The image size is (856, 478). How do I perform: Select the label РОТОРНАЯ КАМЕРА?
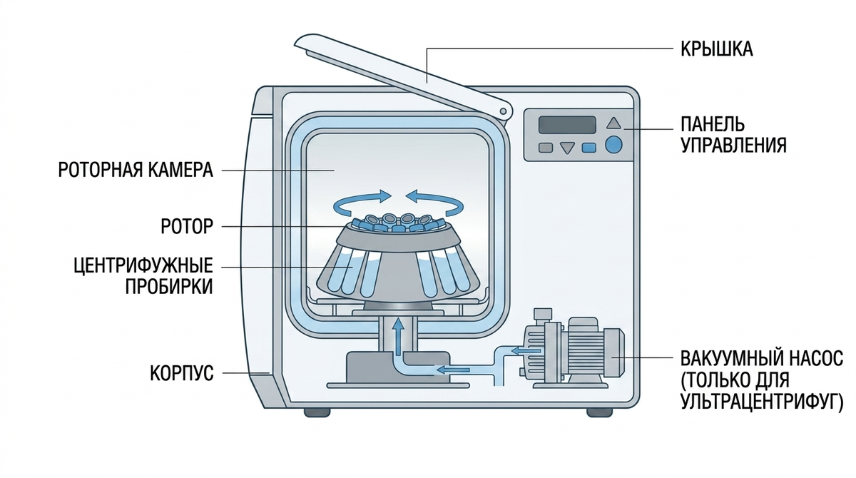[x=136, y=170]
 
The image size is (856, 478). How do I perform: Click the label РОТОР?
[x=187, y=226]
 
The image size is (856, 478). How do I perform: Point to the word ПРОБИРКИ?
[x=169, y=286]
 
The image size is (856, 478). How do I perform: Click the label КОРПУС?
[x=181, y=373]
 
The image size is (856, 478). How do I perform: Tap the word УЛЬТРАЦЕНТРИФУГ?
[x=762, y=402]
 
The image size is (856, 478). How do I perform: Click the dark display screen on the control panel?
[x=567, y=125]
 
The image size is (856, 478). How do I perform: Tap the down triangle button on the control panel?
[x=567, y=148]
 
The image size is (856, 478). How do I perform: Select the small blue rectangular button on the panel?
[x=588, y=148]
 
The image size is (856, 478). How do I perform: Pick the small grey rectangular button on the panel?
[x=545, y=148]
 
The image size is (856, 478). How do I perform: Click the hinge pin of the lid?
[x=504, y=111]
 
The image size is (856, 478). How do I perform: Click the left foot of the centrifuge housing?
[x=317, y=412]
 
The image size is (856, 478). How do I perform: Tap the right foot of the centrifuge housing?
[x=600, y=412]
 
